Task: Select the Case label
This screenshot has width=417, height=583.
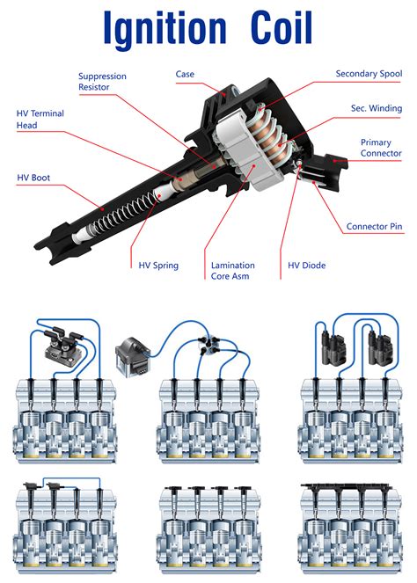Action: click(185, 75)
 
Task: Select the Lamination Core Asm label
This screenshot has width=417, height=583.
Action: click(233, 270)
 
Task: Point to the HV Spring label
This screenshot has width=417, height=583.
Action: click(158, 264)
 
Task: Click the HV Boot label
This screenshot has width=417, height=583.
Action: click(33, 178)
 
